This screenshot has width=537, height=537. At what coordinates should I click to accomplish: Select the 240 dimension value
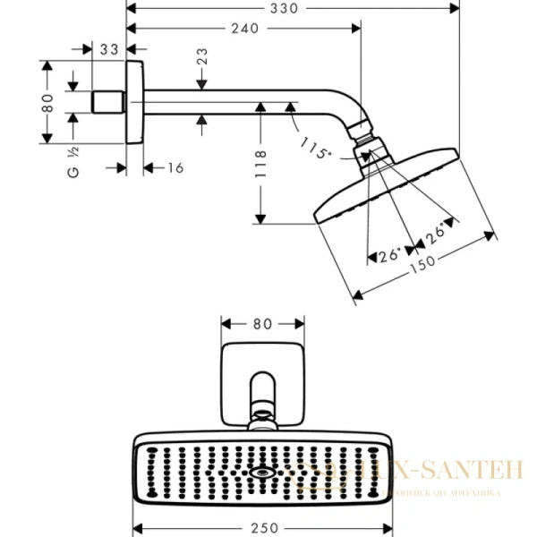(x=243, y=28)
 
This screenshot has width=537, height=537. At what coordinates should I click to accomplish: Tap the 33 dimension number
(x=109, y=50)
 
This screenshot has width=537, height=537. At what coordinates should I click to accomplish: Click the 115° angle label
(x=315, y=148)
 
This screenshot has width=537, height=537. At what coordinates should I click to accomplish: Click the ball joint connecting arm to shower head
(x=368, y=146)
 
